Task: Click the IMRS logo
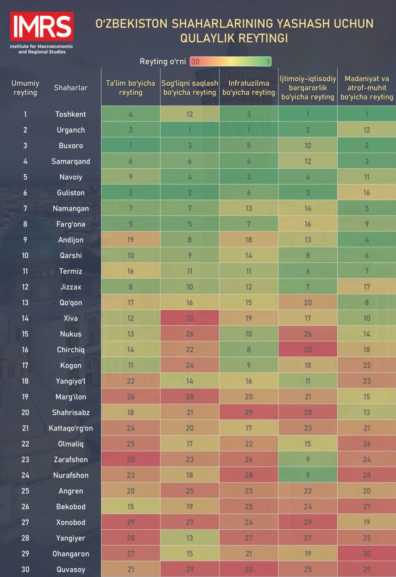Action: [42, 27]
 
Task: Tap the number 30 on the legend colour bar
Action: [195, 62]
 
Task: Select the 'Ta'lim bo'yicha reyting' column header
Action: [131, 88]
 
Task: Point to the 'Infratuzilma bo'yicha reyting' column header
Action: [249, 88]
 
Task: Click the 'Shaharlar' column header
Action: [70, 88]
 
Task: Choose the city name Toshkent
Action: [70, 114]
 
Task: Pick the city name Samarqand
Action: [70, 161]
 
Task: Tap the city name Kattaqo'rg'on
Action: [70, 428]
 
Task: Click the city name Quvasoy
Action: [70, 570]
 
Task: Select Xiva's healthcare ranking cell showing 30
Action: [190, 318]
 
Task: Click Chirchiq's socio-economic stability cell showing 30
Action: [308, 350]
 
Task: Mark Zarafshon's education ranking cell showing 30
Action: [131, 460]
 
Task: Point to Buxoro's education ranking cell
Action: [131, 146]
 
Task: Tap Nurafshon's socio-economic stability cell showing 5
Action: [308, 475]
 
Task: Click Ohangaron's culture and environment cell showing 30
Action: [367, 554]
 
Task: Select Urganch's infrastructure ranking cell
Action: [249, 130]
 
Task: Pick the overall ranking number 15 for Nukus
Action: [25, 334]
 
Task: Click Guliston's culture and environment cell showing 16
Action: [367, 193]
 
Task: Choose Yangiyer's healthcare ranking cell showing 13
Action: [190, 538]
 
